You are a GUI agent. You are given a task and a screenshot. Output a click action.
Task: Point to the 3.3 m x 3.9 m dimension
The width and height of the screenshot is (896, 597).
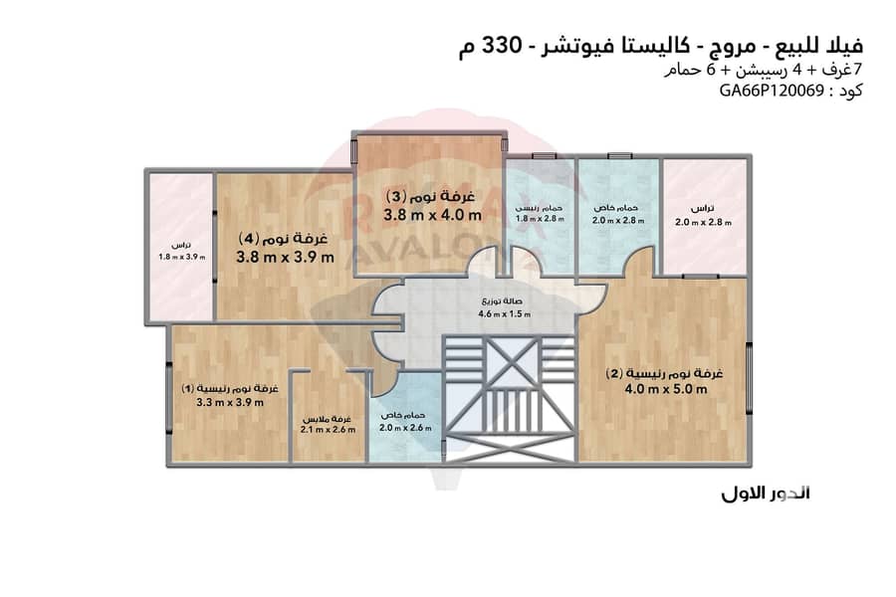pos(230,403)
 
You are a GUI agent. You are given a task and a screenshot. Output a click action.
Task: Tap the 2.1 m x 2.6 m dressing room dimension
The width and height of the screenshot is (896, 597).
pos(330,430)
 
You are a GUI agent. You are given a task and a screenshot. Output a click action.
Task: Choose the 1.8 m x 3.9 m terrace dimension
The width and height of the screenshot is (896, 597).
pos(181,257)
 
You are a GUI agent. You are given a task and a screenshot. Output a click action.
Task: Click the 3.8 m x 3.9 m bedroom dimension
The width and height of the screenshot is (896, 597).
pos(285,258)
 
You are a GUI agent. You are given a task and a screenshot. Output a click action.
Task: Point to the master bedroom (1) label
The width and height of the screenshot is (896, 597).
pos(230,386)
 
